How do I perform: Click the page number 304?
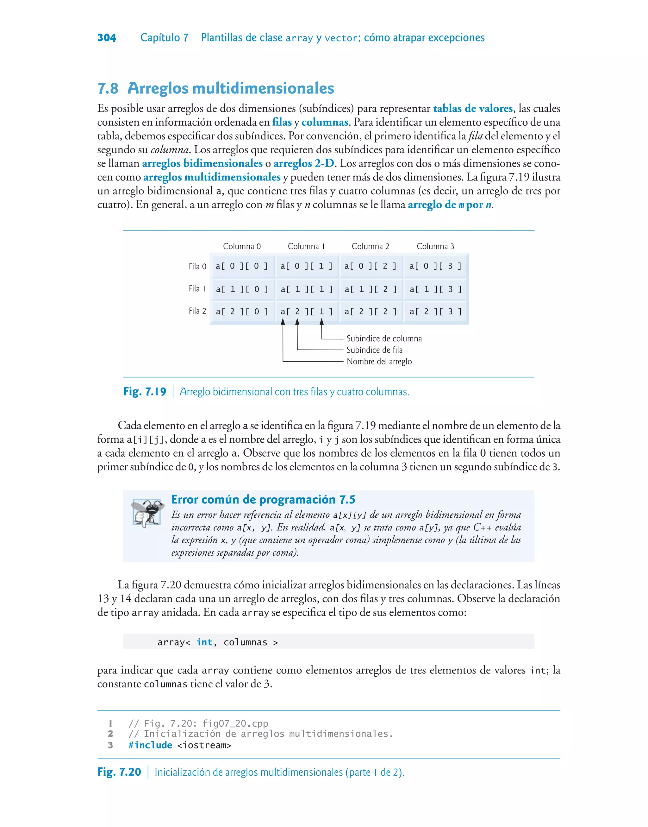pos(107,38)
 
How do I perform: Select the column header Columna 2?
pos(370,246)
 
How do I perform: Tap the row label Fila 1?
pos(197,289)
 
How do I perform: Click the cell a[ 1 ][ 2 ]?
pos(371,289)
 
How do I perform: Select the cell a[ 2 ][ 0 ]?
pos(242,312)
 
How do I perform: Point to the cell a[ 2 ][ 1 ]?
pos(307,312)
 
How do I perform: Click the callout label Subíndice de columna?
pos(383,338)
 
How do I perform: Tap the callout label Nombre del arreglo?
pos(379,361)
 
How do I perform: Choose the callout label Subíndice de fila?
pos(374,350)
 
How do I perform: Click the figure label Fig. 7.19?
pos(145,392)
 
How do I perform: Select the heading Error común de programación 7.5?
pos(263,500)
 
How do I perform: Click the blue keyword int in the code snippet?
pos(204,642)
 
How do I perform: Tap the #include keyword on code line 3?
pos(150,745)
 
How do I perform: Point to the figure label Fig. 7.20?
pos(119,772)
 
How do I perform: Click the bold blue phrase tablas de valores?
pos(473,109)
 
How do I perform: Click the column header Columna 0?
pos(242,246)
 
